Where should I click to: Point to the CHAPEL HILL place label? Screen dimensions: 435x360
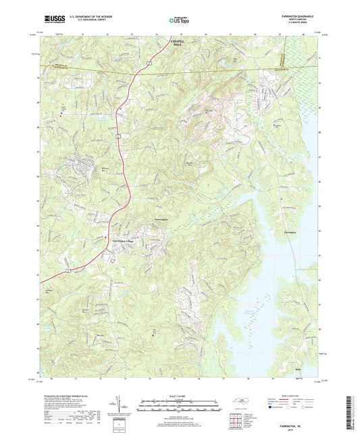tap(178, 41)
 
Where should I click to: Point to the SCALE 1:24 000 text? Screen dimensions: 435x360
tap(178, 395)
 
